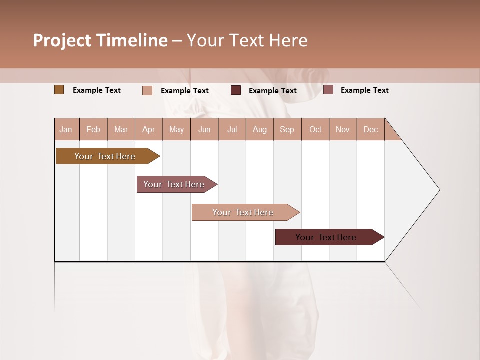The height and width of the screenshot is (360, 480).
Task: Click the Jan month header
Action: tap(66, 129)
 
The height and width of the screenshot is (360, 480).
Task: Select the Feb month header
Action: tap(93, 129)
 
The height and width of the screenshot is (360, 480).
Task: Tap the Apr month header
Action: tap(149, 129)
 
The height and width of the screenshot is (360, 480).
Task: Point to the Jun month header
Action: tap(204, 129)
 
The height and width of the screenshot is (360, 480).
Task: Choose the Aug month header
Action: tap(260, 129)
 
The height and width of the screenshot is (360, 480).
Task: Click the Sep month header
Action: tap(287, 129)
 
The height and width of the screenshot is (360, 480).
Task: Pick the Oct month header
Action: tap(315, 129)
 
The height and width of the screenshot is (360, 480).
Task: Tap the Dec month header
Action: tap(371, 129)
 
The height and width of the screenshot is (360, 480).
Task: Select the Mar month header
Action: tap(121, 129)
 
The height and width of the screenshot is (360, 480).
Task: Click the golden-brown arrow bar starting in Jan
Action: tap(105, 156)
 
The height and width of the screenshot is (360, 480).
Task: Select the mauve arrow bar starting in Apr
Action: tap(174, 184)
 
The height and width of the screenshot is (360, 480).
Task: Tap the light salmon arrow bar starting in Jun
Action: tap(243, 212)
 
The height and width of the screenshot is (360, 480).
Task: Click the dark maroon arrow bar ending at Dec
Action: tap(326, 237)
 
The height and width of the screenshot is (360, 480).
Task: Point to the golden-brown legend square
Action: tap(59, 90)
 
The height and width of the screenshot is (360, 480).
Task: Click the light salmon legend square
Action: tap(147, 90)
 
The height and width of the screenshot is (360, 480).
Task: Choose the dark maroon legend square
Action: tap(236, 90)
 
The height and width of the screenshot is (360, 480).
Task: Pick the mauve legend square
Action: tap(328, 90)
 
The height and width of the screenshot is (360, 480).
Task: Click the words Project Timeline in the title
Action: tap(100, 40)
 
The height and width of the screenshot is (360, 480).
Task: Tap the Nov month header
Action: tap(343, 129)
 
